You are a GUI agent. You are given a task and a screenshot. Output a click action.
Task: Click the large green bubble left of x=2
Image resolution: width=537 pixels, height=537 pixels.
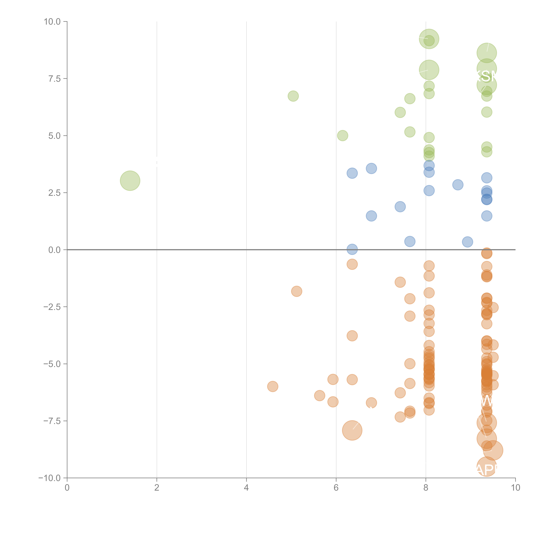[130, 181]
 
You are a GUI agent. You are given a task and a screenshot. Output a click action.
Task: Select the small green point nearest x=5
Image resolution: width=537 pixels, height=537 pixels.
[293, 96]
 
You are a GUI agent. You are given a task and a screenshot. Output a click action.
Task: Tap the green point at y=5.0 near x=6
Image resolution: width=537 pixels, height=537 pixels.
[342, 136]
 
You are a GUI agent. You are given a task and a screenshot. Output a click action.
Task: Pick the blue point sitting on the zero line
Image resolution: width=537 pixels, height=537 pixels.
[352, 249]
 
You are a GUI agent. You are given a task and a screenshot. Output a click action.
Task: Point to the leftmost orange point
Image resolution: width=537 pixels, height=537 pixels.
[272, 386]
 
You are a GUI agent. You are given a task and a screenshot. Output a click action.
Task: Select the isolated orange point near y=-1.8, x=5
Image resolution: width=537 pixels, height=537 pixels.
[297, 291]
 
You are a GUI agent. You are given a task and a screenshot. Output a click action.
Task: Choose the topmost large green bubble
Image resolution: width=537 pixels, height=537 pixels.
[429, 39]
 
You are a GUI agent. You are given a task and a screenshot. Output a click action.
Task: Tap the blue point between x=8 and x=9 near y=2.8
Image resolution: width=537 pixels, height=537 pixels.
[458, 185]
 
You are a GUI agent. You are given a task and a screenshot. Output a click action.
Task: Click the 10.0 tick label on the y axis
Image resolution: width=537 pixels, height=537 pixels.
[52, 22]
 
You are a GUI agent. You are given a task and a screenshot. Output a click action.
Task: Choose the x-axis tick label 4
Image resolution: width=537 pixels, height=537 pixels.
[246, 488]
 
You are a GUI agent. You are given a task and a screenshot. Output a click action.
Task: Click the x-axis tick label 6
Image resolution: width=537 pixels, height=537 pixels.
[336, 488]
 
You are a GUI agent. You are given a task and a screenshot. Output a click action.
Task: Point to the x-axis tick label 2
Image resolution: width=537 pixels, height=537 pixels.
[157, 488]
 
